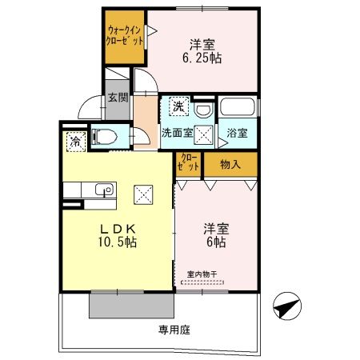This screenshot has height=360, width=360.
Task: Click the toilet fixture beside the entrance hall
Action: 103,136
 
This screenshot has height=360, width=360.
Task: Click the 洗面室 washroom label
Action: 176,133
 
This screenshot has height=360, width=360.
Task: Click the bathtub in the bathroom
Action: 238,109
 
